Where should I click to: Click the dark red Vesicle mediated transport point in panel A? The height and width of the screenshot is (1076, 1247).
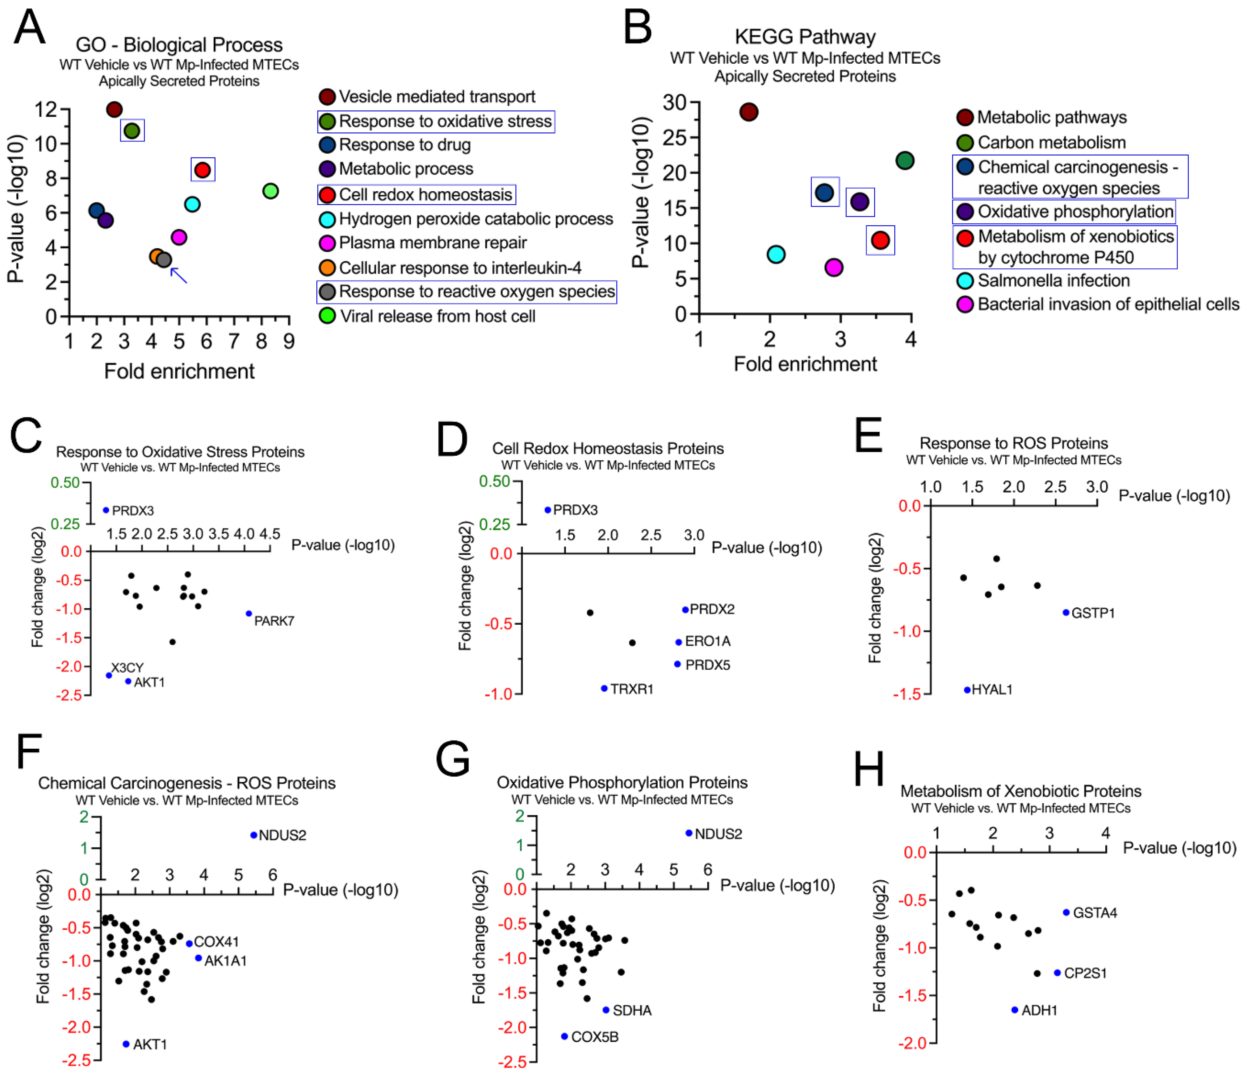click(x=114, y=109)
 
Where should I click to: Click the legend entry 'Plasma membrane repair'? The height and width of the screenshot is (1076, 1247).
click(x=432, y=243)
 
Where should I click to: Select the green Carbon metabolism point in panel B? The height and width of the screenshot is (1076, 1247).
click(x=905, y=161)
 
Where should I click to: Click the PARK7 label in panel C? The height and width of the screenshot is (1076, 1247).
click(x=274, y=621)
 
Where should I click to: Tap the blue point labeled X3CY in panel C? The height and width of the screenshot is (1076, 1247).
click(x=109, y=676)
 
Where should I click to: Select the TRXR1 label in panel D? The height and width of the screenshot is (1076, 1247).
click(x=632, y=689)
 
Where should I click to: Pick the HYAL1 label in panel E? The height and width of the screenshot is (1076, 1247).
click(x=992, y=690)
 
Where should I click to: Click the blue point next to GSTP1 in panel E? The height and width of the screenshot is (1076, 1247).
click(x=1066, y=612)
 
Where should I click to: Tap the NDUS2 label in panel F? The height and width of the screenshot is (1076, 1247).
click(x=282, y=835)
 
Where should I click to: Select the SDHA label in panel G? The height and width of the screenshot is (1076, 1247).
click(x=632, y=1010)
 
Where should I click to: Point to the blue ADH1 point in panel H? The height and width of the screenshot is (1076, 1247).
click(x=1015, y=1010)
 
